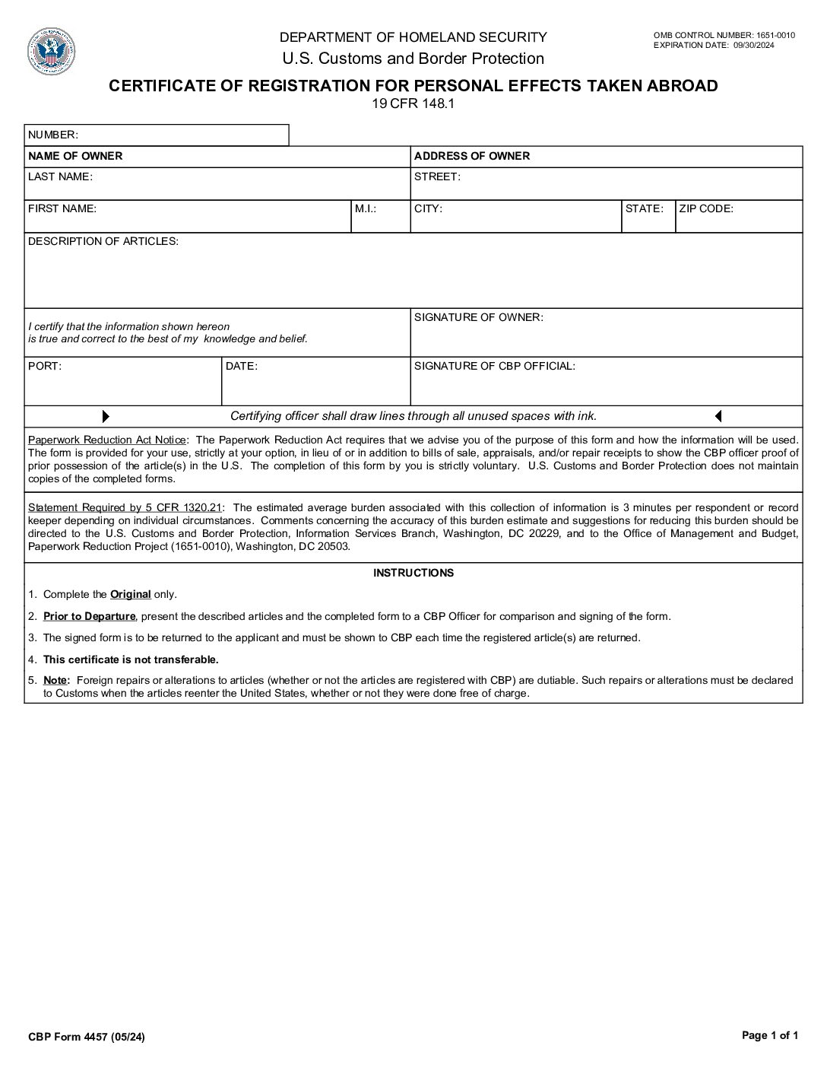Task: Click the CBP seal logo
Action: pos(51,51)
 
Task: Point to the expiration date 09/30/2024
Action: pos(754,45)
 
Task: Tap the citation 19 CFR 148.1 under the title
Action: pos(413,104)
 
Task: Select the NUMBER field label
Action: pos(52,135)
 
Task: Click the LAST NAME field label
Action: pos(60,177)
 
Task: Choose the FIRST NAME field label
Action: pos(62,209)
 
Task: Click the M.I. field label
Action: pos(366,209)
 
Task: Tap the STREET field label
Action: pos(437,177)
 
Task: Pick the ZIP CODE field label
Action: pos(706,209)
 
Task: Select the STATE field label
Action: pos(644,209)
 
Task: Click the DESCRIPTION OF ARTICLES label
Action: pos(103,242)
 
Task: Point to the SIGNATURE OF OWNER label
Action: pos(479,318)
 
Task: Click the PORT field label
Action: pos(45,367)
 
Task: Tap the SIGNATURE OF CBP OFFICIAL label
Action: pos(495,367)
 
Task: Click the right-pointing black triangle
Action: pos(106,417)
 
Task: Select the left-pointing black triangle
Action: pos(718,417)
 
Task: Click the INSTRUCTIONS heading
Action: pos(413,574)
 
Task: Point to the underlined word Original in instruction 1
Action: pos(131,595)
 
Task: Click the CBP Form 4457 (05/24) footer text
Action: pos(86,1037)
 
